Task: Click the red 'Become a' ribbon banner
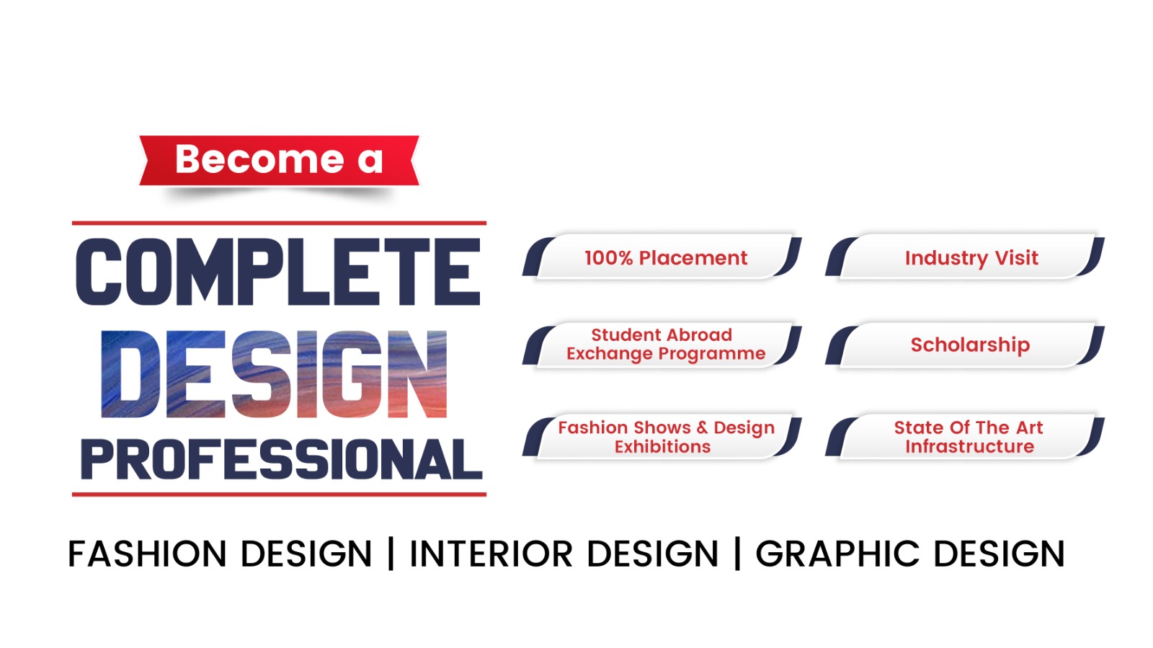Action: click(x=280, y=160)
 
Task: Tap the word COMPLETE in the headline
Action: click(x=278, y=272)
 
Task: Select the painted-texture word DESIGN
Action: click(x=274, y=373)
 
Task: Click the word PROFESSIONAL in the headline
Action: click(x=281, y=460)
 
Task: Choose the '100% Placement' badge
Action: click(x=662, y=257)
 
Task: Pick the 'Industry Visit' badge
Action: click(x=965, y=257)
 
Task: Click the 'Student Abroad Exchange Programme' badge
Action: click(x=662, y=345)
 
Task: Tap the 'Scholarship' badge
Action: click(x=965, y=345)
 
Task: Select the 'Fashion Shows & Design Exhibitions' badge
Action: click(x=662, y=437)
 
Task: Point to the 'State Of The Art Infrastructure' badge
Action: click(x=965, y=437)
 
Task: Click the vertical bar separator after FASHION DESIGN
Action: click(x=391, y=554)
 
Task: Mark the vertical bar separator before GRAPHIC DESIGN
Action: click(x=738, y=554)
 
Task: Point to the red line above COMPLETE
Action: click(x=279, y=223)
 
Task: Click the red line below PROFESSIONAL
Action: click(x=279, y=494)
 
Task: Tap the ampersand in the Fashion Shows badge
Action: click(x=702, y=427)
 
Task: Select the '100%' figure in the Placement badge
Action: click(x=608, y=258)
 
